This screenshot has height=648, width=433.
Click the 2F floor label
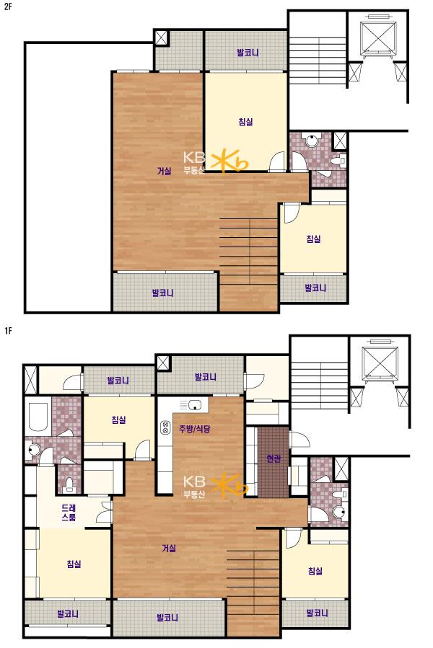[7, 6]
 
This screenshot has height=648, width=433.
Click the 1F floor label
[7, 331]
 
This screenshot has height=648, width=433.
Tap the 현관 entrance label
[274, 458]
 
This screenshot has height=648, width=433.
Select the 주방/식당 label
[195, 429]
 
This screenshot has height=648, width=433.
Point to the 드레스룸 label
[69, 512]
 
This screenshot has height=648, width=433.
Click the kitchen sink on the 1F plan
[194, 405]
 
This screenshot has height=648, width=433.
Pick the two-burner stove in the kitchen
[165, 427]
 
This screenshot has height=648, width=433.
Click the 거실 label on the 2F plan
[165, 171]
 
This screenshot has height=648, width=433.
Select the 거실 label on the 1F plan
[169, 549]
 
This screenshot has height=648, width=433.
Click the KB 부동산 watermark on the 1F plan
[215, 487]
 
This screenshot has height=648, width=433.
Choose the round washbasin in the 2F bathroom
[311, 141]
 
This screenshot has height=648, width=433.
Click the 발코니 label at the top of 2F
[248, 53]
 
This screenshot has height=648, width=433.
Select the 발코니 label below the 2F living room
[162, 293]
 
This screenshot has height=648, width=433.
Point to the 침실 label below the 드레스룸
[74, 564]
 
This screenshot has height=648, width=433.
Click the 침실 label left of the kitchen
[118, 420]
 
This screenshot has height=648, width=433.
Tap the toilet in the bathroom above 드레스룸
[69, 484]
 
